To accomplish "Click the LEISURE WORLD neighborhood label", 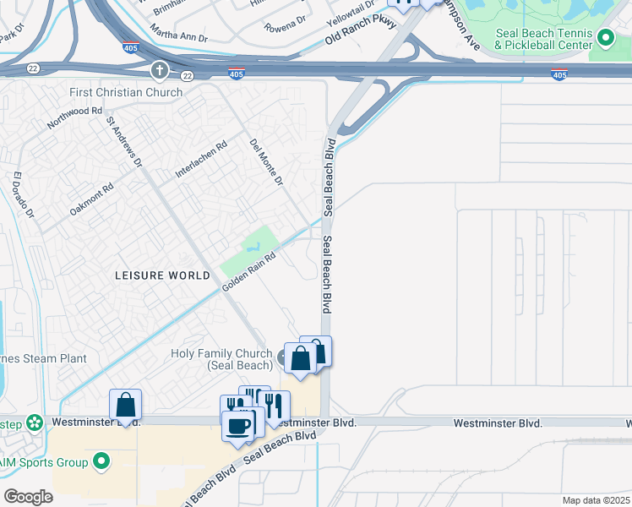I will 162,275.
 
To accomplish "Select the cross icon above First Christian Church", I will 158,70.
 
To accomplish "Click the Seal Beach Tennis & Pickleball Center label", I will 541,38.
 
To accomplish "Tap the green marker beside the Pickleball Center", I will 605,38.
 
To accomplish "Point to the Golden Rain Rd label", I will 249,273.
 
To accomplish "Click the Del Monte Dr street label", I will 266,162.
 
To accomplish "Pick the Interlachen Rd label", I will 201,159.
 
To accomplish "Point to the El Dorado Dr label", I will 23,195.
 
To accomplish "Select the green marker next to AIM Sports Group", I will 101,461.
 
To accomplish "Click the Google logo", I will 29,497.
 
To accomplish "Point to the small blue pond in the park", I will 252,248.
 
